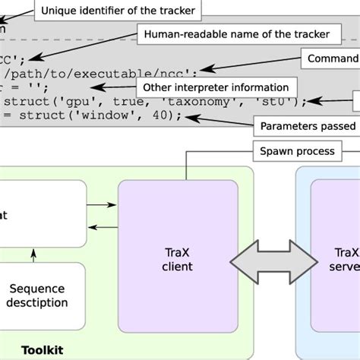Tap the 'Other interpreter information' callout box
[216, 87]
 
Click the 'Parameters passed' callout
[307, 125]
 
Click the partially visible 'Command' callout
[331, 59]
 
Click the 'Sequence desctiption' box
[38, 295]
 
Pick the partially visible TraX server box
[335, 258]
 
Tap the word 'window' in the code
[129, 115]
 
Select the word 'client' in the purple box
[178, 267]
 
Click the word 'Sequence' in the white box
[38, 288]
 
